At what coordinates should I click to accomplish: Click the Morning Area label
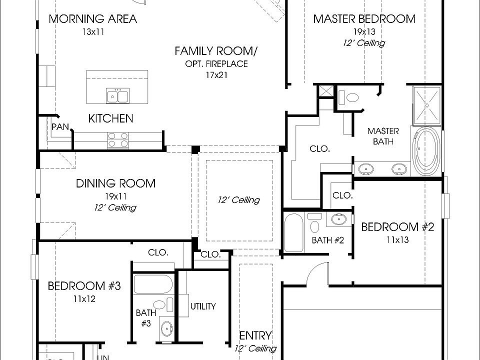pyautogui.click(x=93, y=19)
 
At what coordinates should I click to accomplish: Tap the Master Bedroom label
pyautogui.click(x=364, y=19)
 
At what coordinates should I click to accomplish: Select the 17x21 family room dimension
pyautogui.click(x=216, y=75)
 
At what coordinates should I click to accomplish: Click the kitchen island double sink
pyautogui.click(x=118, y=96)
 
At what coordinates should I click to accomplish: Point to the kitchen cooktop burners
pyautogui.click(x=118, y=140)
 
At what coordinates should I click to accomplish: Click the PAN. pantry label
pyautogui.click(x=61, y=126)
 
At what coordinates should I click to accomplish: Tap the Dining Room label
pyautogui.click(x=115, y=183)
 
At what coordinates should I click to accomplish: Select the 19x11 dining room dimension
pyautogui.click(x=115, y=196)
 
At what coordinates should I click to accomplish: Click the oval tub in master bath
pyautogui.click(x=426, y=151)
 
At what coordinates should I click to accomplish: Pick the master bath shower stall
pyautogui.click(x=426, y=105)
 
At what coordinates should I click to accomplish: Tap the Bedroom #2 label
pyautogui.click(x=397, y=227)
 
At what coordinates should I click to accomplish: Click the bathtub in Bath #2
pyautogui.click(x=294, y=233)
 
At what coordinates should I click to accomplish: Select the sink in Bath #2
pyautogui.click(x=339, y=219)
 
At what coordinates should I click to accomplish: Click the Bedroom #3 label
pyautogui.click(x=84, y=286)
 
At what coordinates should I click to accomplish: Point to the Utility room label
pyautogui.click(x=203, y=306)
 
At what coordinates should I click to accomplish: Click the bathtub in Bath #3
pyautogui.click(x=153, y=284)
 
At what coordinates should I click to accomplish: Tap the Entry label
pyautogui.click(x=255, y=335)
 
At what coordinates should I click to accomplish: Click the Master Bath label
pyautogui.click(x=383, y=136)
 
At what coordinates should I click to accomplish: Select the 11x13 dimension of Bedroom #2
pyautogui.click(x=397, y=239)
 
